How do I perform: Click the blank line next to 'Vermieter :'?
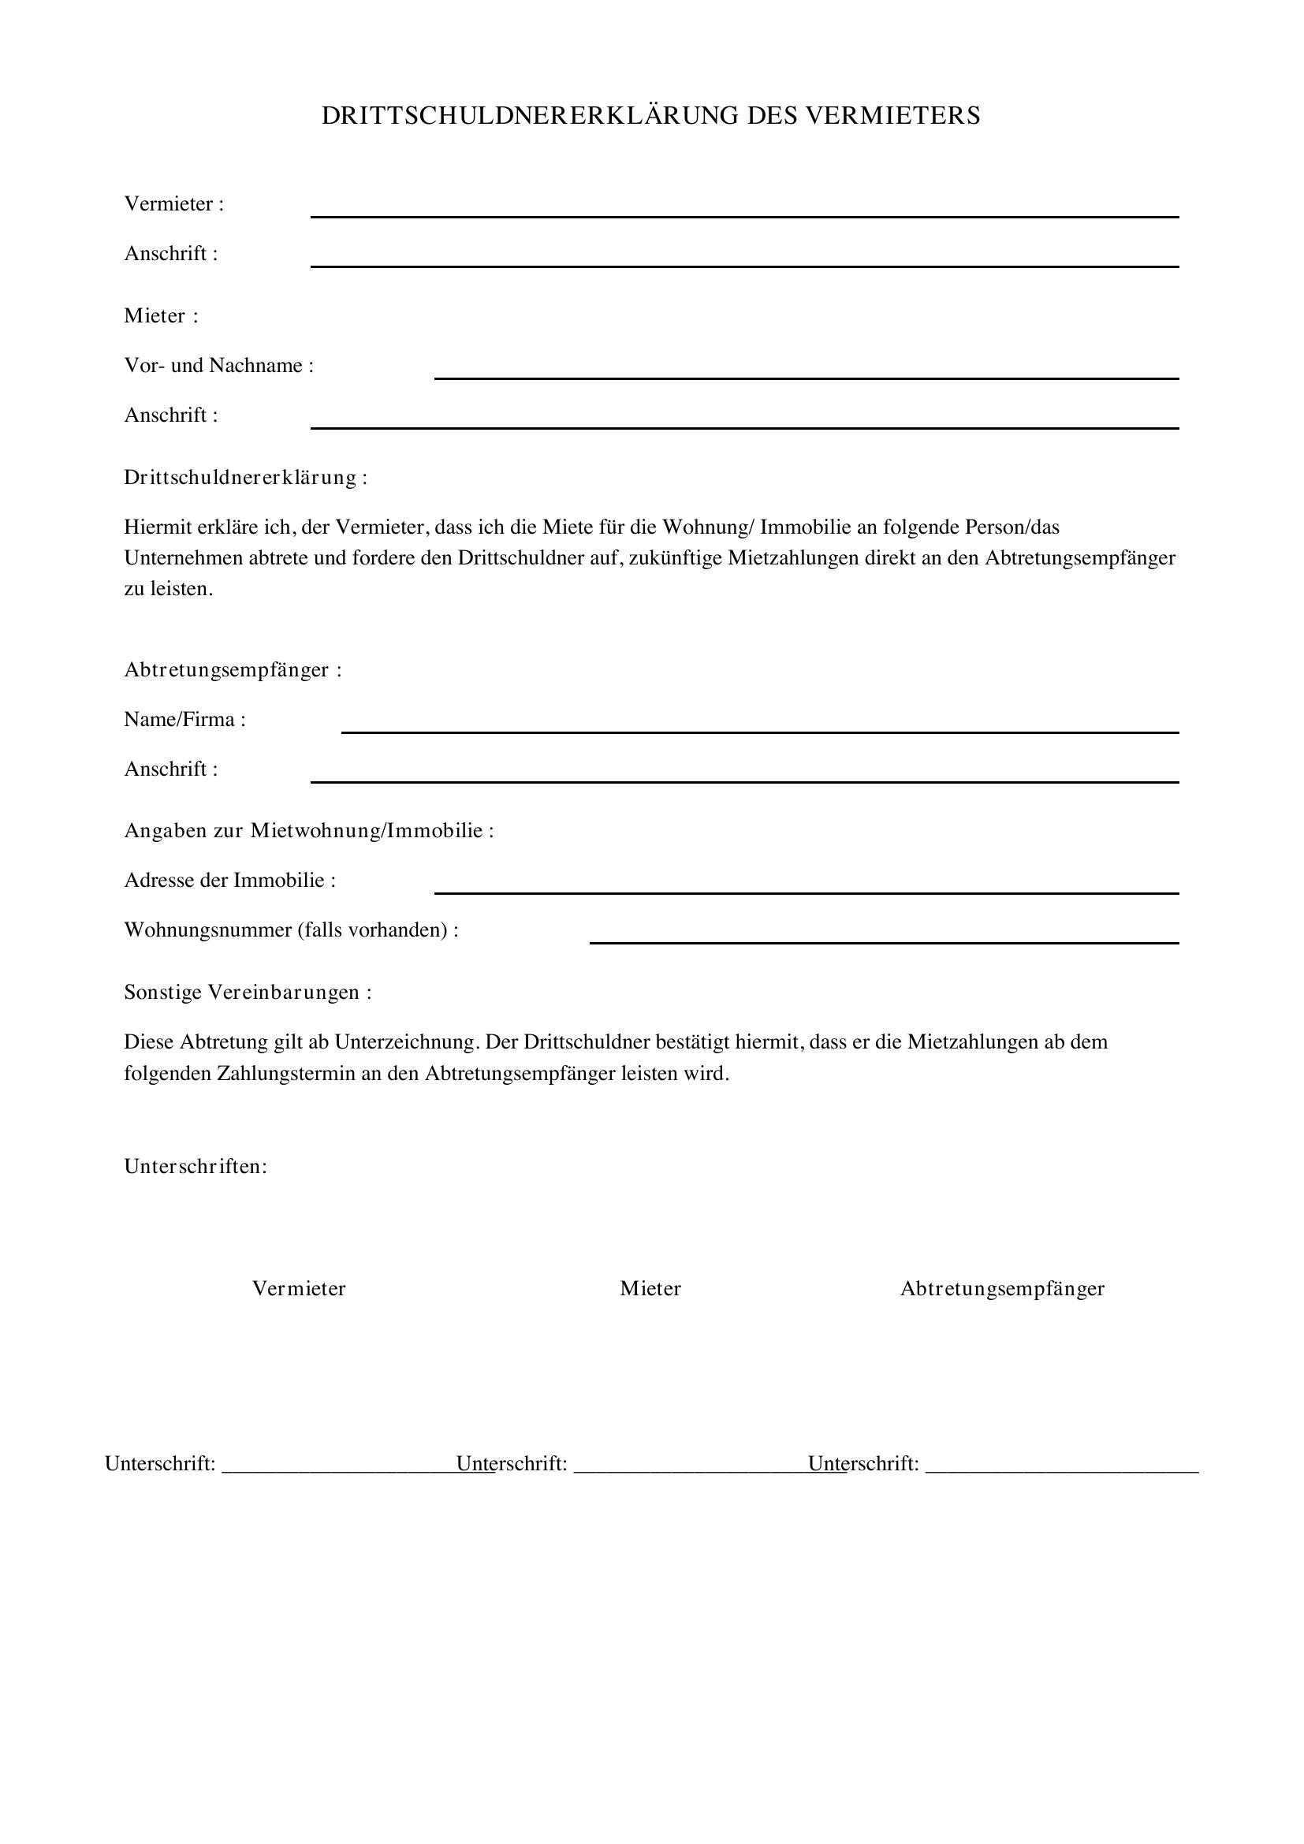click(744, 214)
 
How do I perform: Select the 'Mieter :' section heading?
click(161, 316)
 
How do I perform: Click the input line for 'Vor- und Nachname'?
click(807, 376)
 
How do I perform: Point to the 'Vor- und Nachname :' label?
click(218, 367)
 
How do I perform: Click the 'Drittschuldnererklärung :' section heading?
click(246, 478)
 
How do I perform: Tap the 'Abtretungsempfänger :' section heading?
click(233, 670)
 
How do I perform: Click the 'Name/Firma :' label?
click(184, 720)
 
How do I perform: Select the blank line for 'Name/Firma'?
click(759, 730)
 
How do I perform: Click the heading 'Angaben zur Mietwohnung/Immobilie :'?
click(309, 830)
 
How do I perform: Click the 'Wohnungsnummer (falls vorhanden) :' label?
click(292, 930)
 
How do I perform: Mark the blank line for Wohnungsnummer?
click(884, 941)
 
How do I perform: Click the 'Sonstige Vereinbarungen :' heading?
click(248, 993)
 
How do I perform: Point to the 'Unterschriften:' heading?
click(195, 1166)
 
